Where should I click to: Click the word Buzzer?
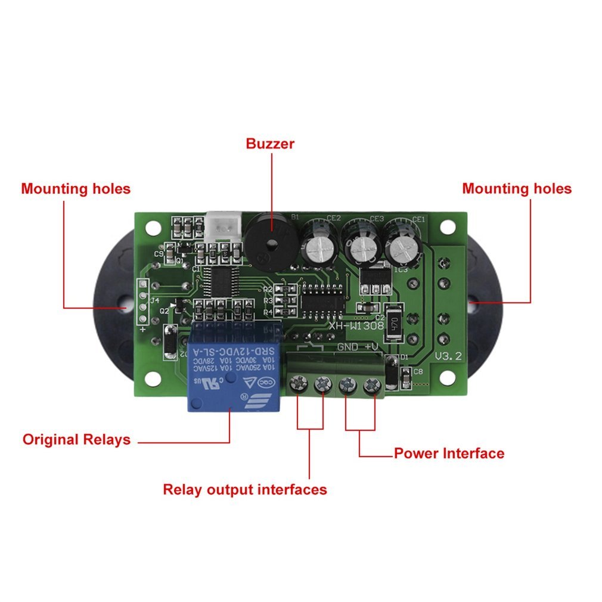coord(270,144)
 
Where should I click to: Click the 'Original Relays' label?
coord(76,440)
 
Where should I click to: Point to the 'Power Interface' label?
coord(449,454)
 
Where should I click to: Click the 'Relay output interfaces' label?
coord(245,490)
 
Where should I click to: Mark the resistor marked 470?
coord(394,324)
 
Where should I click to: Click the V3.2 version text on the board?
coord(450,357)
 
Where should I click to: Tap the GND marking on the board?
coord(349,347)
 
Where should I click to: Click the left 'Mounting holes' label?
coord(76,189)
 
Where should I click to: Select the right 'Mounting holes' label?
coord(517,189)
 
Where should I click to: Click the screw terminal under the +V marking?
coord(372,387)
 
